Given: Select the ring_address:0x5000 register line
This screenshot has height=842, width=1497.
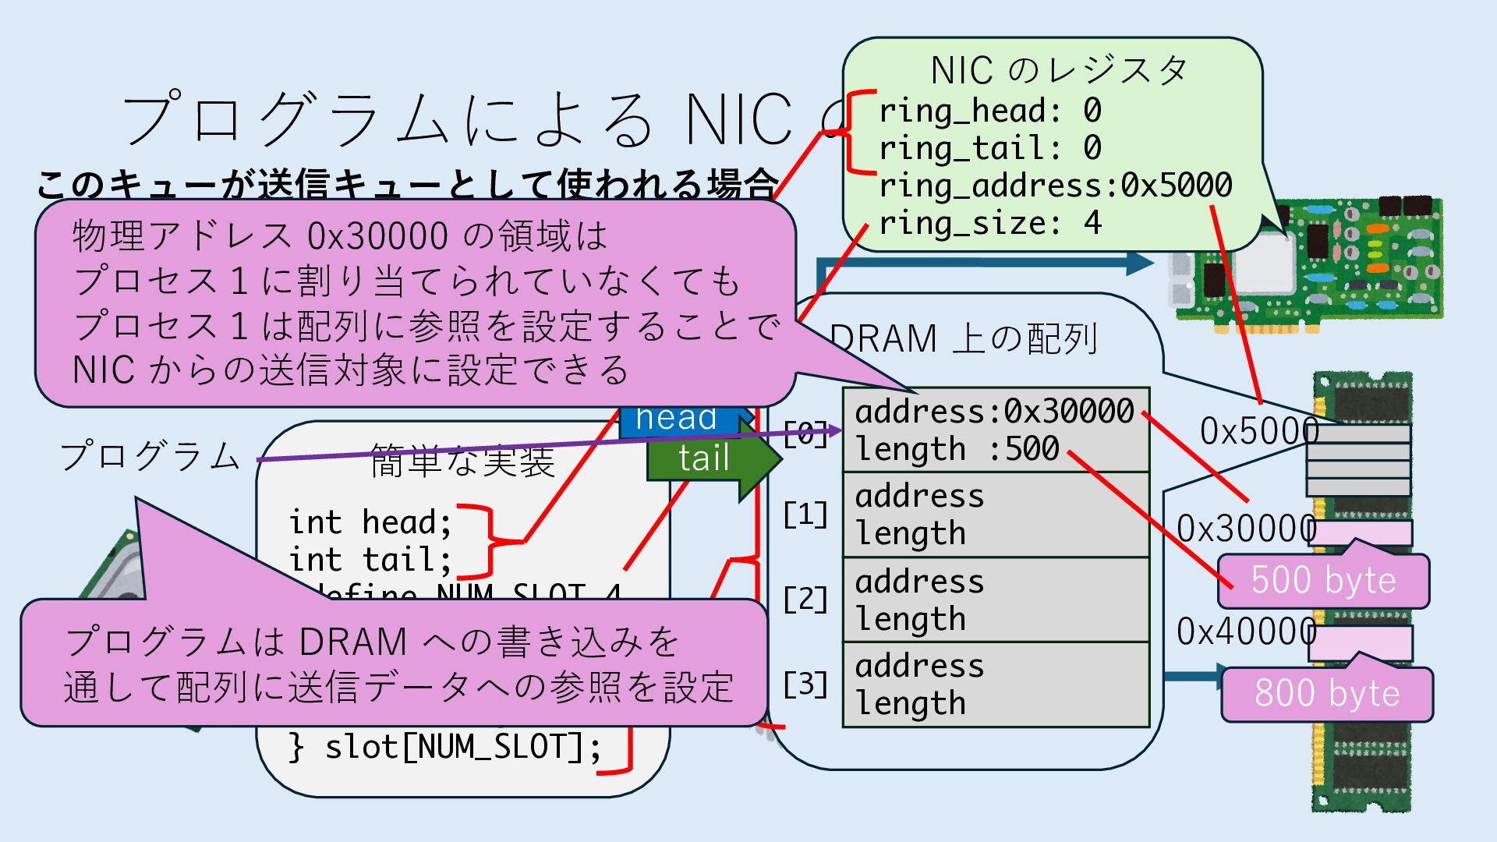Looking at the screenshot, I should (1055, 186).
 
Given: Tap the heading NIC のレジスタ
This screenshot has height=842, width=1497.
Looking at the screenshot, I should (1058, 71).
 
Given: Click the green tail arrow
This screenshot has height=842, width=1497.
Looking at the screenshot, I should (706, 458).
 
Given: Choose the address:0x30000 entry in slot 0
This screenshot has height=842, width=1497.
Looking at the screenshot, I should (994, 411).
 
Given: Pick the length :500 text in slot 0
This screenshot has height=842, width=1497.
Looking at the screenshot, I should (957, 449).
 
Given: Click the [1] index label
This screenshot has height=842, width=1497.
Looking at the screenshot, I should (805, 515).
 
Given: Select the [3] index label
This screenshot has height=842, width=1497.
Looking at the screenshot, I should (805, 685).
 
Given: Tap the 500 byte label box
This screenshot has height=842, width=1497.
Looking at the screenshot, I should (1323, 581).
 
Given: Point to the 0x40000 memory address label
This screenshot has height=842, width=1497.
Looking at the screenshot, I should (1246, 631).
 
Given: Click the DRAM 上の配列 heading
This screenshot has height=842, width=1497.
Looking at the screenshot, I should (963, 339).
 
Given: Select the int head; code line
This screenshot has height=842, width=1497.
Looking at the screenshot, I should (370, 522).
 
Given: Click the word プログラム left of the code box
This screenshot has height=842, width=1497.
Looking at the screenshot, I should (150, 456).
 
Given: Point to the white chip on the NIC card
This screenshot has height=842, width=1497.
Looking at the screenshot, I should (1265, 261).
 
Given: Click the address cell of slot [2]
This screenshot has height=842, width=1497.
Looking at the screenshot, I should (919, 582).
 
